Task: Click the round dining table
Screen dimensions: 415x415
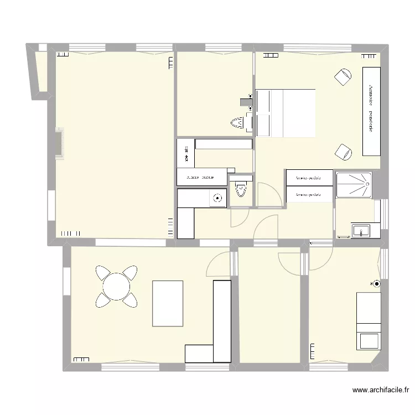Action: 116,286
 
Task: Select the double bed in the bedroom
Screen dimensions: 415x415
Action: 285,113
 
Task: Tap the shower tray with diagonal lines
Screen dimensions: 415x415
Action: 353,184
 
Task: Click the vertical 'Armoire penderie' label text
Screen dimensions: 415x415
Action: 370,108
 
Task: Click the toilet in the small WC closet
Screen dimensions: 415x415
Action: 240,190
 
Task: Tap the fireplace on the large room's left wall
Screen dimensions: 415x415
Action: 60,144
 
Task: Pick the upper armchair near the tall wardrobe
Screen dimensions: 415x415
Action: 343,77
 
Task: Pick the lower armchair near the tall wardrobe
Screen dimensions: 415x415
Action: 344,151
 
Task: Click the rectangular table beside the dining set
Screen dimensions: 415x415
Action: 168,303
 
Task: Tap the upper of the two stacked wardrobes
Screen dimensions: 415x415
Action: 309,178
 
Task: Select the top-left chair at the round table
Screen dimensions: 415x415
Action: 103,273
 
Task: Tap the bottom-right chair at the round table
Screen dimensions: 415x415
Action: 131,299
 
